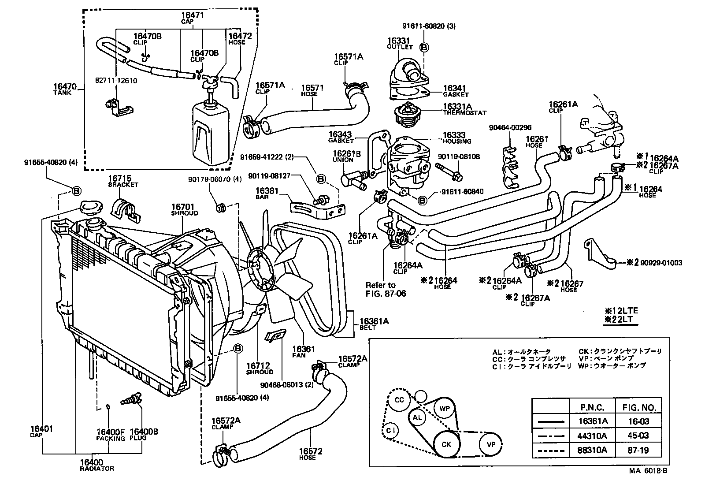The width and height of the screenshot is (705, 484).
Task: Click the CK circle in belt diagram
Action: click(x=446, y=444)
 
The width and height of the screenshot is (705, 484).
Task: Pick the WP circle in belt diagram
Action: click(x=445, y=409)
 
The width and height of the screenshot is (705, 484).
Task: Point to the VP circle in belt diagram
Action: click(x=491, y=444)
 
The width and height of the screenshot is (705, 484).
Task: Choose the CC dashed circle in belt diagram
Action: click(x=399, y=400)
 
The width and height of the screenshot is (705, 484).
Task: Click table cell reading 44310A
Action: click(x=593, y=436)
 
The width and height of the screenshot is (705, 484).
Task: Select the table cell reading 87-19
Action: click(x=638, y=450)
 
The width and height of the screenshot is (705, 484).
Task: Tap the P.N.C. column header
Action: click(x=593, y=407)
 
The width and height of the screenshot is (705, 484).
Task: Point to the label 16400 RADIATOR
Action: click(x=96, y=465)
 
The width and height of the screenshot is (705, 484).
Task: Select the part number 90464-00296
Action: click(x=510, y=128)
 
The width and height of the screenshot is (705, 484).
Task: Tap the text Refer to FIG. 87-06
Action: click(x=386, y=289)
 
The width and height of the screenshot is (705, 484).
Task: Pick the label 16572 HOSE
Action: click(x=311, y=454)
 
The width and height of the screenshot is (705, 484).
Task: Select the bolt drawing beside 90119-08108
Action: click(x=447, y=172)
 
